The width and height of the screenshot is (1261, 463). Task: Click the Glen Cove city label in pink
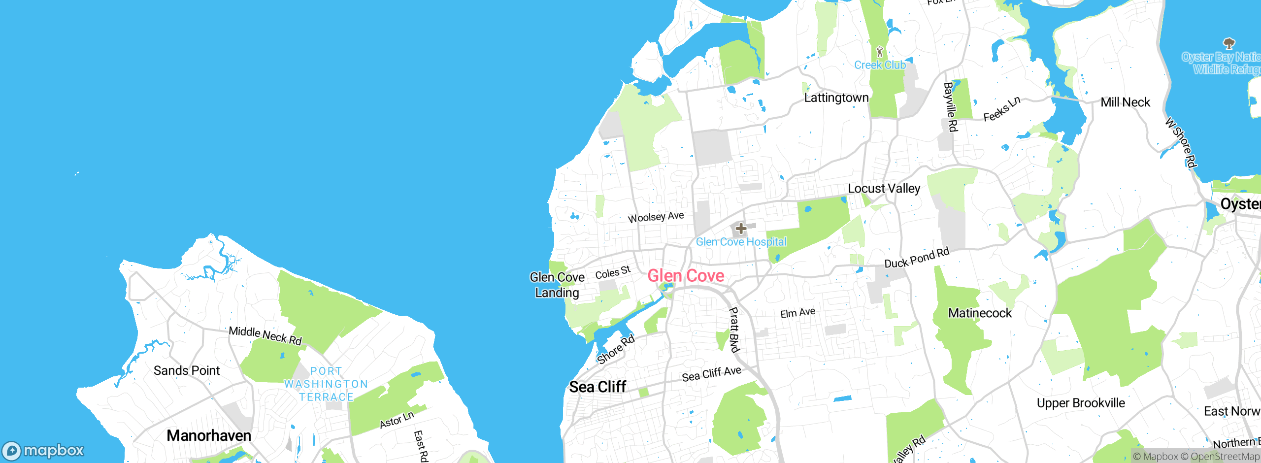[686, 276]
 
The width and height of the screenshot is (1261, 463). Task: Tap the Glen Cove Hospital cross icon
[741, 229]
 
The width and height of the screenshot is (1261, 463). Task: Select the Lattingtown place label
[836, 98]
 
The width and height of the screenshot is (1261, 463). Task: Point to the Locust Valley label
[884, 189]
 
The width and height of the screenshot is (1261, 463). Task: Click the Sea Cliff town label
[597, 387]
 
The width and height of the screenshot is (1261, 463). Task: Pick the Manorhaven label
[209, 435]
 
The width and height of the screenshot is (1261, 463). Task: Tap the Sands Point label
[186, 370]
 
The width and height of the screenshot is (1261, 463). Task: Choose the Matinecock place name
[980, 313]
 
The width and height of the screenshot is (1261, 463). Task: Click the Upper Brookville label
[1081, 403]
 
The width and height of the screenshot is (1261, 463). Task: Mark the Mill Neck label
[1125, 102]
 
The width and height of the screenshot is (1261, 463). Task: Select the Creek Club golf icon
[880, 51]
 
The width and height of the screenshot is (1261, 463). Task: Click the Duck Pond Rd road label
[917, 258]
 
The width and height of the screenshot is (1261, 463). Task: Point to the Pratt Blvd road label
[734, 330]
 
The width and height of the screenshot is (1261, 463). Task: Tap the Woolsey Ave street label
[656, 217]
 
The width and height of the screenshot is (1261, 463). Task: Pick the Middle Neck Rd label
[265, 335]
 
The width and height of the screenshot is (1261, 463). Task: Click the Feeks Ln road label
[1002, 109]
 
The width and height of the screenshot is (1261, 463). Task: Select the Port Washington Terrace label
[326, 384]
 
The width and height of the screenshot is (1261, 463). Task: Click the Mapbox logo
[43, 451]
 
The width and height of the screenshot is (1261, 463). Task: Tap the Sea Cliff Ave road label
[711, 374]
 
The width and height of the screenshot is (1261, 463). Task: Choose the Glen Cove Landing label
[557, 285]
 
